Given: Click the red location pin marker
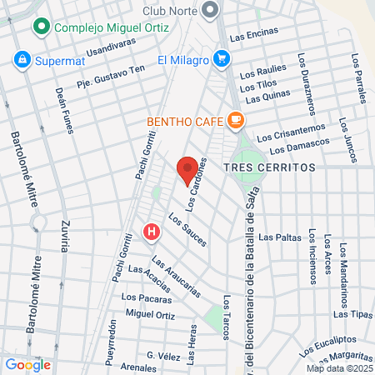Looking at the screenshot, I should click(187, 169).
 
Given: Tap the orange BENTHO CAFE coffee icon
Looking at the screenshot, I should click(236, 121).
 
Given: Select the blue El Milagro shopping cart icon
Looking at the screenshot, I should click(221, 59).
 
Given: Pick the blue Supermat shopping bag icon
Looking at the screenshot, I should click(22, 60).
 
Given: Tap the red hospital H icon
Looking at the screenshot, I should click(151, 232).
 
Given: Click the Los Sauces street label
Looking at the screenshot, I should click(187, 230).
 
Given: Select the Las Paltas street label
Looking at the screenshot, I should click(279, 237).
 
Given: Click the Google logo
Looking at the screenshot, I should click(27, 364).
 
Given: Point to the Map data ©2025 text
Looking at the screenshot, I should click(339, 368).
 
